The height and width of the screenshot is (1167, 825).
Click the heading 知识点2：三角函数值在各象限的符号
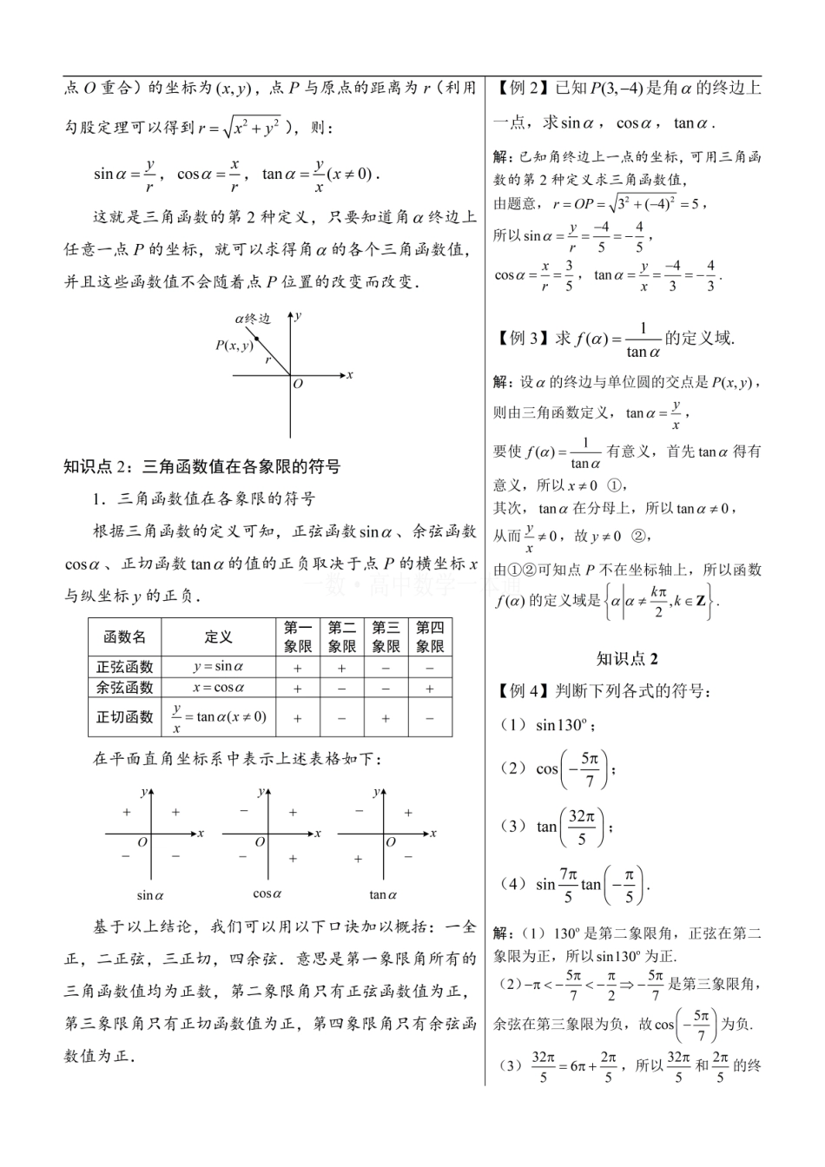(x=202, y=466)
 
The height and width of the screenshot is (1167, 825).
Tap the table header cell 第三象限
(x=386, y=636)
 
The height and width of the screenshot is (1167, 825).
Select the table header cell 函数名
(x=125, y=636)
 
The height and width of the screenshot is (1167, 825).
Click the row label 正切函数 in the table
(x=125, y=717)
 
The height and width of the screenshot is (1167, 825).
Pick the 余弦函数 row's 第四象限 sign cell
(x=430, y=688)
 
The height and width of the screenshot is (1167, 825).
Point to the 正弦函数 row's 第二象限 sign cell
(x=341, y=668)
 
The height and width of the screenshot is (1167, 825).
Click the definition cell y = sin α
(x=219, y=667)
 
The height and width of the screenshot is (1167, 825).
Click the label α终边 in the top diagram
(x=253, y=319)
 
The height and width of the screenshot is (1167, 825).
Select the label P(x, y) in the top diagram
(x=234, y=346)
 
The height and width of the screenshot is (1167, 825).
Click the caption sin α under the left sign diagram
(x=150, y=895)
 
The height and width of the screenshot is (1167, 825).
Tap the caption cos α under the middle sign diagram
(x=267, y=893)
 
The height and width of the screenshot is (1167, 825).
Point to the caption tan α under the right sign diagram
(x=383, y=895)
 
